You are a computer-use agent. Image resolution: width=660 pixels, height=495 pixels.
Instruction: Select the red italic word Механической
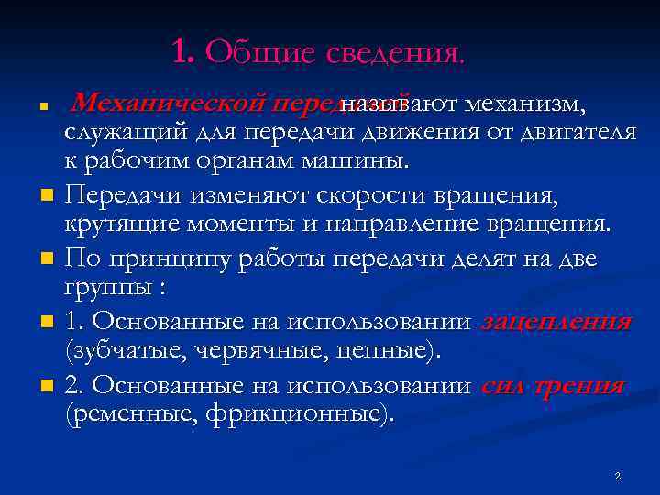click(x=168, y=102)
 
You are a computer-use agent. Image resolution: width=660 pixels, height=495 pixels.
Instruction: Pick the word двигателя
click(x=576, y=134)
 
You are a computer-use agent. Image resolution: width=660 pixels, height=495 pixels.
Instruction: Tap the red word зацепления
click(x=555, y=322)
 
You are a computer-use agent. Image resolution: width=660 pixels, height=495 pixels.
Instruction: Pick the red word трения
click(x=581, y=385)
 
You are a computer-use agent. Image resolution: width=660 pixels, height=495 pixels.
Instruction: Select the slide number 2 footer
click(x=618, y=477)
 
